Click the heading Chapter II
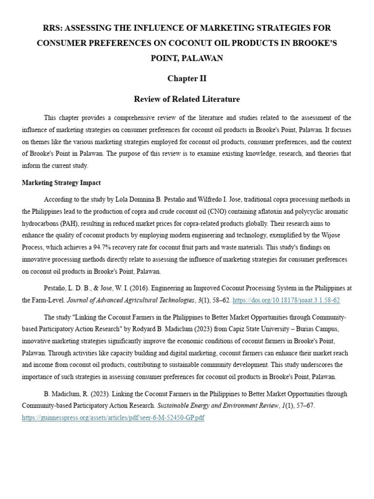187,78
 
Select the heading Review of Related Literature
187,99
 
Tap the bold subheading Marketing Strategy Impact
61,183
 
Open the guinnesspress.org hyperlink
113,418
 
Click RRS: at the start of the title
53,28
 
